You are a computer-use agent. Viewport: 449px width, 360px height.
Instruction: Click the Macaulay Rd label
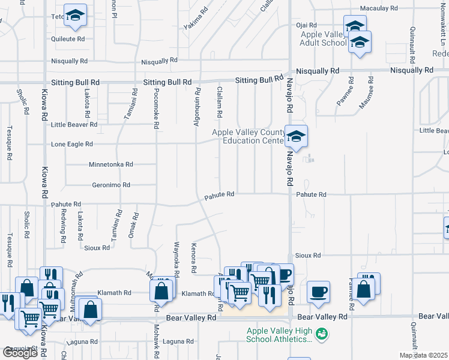tap(379, 9)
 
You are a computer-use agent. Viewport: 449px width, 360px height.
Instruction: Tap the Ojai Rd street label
tap(306, 25)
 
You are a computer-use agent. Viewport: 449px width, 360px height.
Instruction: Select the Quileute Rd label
tap(68, 38)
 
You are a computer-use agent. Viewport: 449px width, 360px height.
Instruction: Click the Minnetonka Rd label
tap(110, 164)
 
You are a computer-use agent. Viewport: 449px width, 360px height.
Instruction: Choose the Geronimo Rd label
tap(110, 185)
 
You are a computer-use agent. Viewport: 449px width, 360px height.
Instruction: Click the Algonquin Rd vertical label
tap(197, 107)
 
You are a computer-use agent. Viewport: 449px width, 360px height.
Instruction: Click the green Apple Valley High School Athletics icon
tap(322, 332)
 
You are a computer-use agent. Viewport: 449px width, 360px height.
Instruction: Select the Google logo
tap(20, 353)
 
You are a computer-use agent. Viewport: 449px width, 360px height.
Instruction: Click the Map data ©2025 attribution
tap(423, 355)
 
